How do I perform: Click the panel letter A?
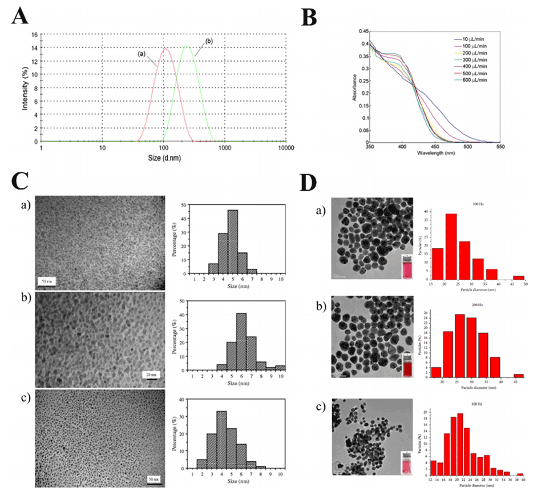click(x=20, y=16)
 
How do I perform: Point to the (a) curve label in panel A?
click(x=142, y=53)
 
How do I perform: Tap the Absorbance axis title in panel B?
click(x=354, y=86)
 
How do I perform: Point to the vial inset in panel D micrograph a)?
click(x=406, y=267)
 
